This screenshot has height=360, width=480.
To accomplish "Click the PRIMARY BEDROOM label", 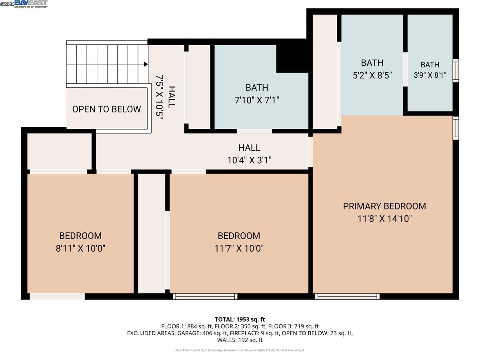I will tap(384, 206).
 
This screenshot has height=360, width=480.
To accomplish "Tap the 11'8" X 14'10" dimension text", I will tap(384, 218).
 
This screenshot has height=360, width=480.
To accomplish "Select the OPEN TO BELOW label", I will tap(106, 109).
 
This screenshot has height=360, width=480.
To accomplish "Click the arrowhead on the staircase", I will tap(146, 64).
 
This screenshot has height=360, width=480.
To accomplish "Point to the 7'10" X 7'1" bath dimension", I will tap(257, 100).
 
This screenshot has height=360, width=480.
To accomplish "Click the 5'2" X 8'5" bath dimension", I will tap(372, 75).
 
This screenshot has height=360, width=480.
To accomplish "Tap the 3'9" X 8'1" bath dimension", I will tap(430, 75).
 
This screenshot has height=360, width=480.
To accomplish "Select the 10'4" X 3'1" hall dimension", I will tap(249, 160).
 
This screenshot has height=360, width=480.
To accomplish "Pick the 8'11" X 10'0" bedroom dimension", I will tap(80, 248).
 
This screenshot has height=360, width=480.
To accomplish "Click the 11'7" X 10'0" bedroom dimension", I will tap(239, 248).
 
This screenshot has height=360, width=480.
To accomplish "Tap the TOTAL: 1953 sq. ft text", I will tap(240, 319).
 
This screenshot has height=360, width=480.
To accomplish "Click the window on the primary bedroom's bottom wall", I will tap(347, 296).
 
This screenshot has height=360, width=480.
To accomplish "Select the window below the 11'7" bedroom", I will tap(205, 296).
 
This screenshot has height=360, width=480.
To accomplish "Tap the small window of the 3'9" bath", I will tap(456, 71).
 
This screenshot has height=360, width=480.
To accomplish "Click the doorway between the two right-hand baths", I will tap(405, 69).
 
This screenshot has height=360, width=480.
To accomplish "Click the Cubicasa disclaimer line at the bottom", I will tap(240, 350).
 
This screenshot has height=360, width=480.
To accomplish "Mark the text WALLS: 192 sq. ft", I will tap(240, 340).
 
